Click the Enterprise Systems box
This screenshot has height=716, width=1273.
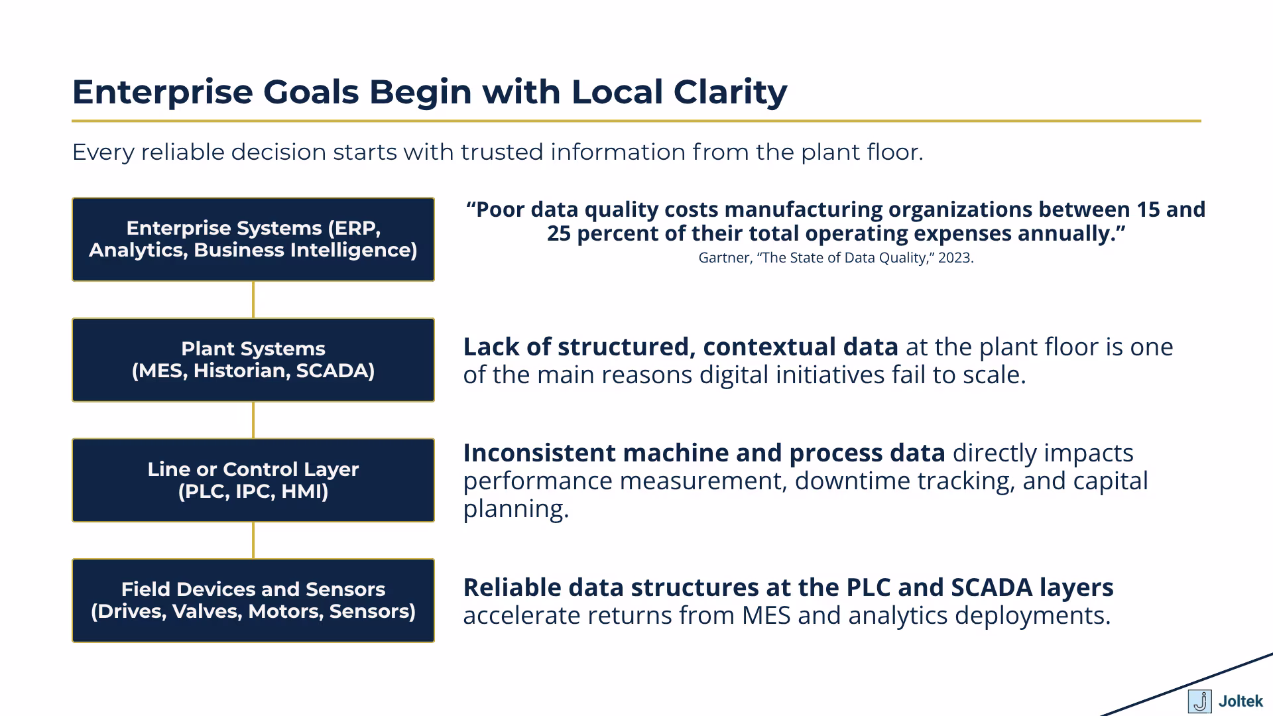tap(253, 239)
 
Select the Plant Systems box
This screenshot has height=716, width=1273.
tap(253, 360)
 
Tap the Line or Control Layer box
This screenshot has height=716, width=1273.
tap(253, 480)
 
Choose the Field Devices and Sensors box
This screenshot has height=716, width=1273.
tap(253, 601)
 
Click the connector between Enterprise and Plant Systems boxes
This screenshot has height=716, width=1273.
tap(253, 300)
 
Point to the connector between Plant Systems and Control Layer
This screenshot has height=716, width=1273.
tap(253, 420)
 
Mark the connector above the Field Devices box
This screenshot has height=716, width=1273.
tap(253, 540)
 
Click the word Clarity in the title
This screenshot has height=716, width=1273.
tap(730, 91)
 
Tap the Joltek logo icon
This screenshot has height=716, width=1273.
tap(1199, 701)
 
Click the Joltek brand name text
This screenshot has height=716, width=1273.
tap(1241, 701)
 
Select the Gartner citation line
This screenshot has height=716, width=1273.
tap(835, 258)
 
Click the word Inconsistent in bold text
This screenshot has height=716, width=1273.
tap(539, 453)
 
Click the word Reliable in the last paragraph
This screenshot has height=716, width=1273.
tap(512, 587)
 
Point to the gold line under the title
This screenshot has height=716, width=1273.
tap(636, 121)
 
